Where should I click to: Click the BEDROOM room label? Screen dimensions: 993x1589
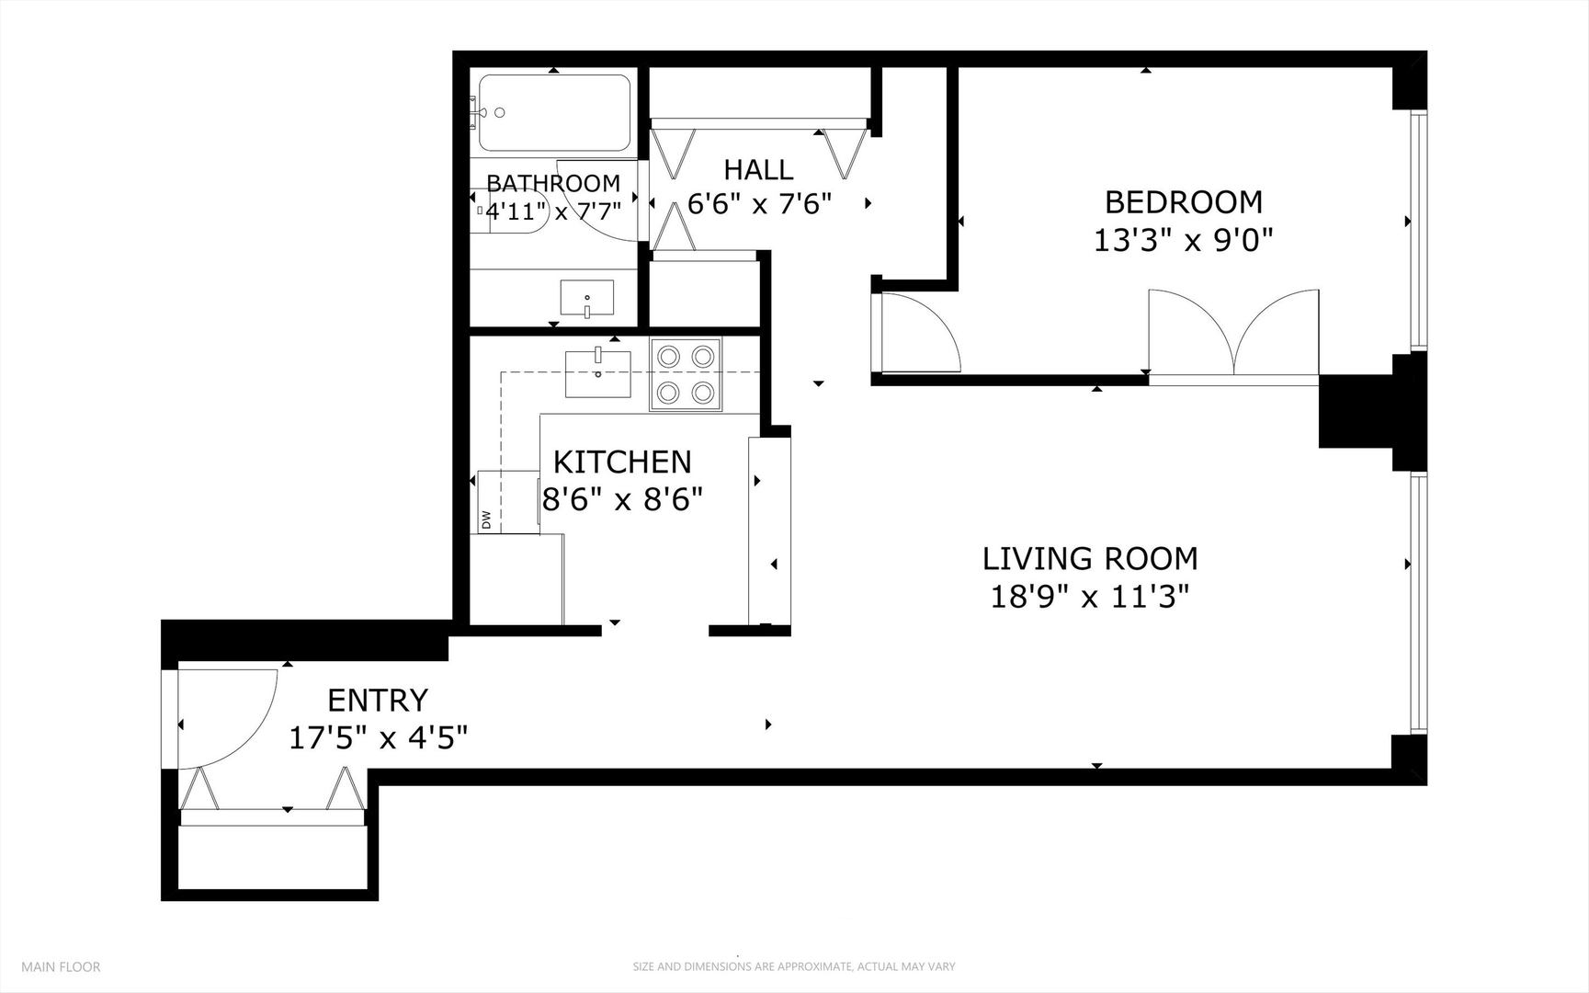(1183, 201)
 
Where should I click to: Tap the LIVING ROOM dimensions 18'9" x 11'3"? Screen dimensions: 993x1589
(1089, 598)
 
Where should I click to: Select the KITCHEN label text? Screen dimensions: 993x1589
(622, 462)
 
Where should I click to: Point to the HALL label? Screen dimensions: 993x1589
(758, 170)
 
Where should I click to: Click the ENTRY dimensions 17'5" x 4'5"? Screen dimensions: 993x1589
(378, 737)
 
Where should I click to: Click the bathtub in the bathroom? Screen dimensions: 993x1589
(554, 113)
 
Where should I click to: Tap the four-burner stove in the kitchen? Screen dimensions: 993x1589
(686, 373)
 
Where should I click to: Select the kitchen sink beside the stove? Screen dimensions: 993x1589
(597, 373)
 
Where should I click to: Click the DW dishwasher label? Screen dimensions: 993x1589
(486, 520)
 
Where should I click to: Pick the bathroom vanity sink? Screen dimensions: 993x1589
(587, 298)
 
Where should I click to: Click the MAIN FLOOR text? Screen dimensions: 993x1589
(61, 966)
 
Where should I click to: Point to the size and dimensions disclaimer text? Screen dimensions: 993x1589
(793, 966)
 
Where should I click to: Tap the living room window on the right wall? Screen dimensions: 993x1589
(1418, 602)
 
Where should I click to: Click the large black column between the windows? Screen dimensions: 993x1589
(1360, 411)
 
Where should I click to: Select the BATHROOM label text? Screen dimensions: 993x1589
(553, 183)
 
